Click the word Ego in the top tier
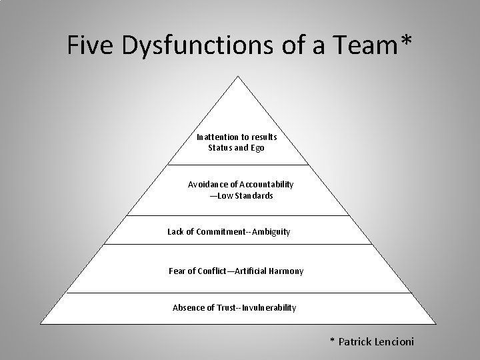[257, 148]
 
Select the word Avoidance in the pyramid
[207, 184]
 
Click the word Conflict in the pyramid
[208, 271]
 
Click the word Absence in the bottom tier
[189, 307]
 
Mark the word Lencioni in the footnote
[389, 342]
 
